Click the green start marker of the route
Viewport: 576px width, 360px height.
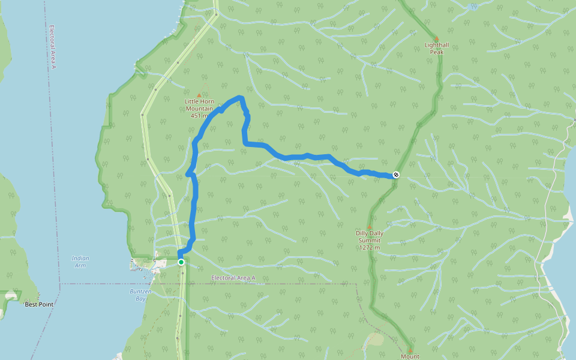(181, 262)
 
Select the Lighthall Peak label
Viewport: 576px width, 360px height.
(436, 49)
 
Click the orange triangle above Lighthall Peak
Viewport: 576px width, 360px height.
(436, 38)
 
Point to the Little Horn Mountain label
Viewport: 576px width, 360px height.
(199, 105)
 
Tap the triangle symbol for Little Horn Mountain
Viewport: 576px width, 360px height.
(199, 95)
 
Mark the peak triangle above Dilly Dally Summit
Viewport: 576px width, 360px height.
(369, 227)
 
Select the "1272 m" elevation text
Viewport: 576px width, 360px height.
(369, 247)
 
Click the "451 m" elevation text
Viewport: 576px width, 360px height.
(197, 116)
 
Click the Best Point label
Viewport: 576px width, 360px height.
(39, 305)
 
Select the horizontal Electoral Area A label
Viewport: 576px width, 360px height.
(233, 278)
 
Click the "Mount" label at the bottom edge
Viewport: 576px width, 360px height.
(410, 356)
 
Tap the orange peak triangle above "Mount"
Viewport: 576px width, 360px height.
(410, 349)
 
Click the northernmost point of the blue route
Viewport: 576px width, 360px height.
(240, 97)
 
